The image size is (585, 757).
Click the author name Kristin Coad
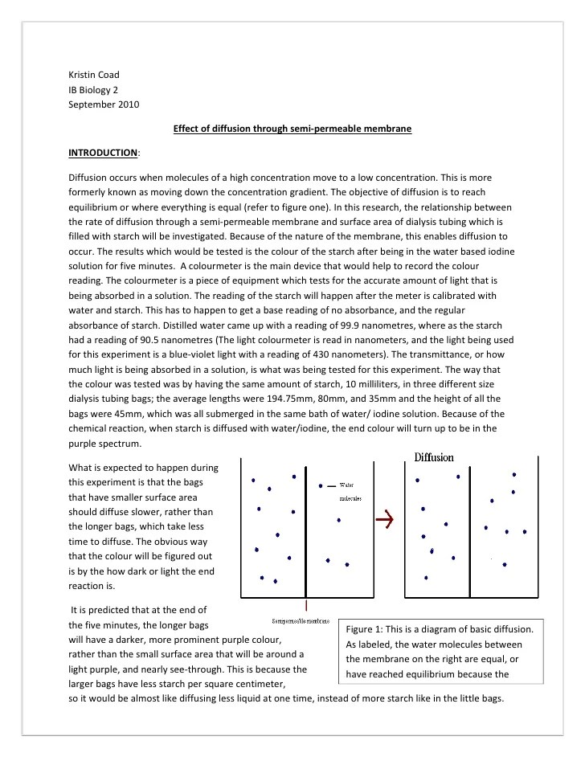pyautogui.click(x=93, y=75)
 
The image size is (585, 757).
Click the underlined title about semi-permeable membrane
pyautogui.click(x=292, y=128)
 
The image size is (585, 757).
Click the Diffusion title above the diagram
pyautogui.click(x=434, y=457)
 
